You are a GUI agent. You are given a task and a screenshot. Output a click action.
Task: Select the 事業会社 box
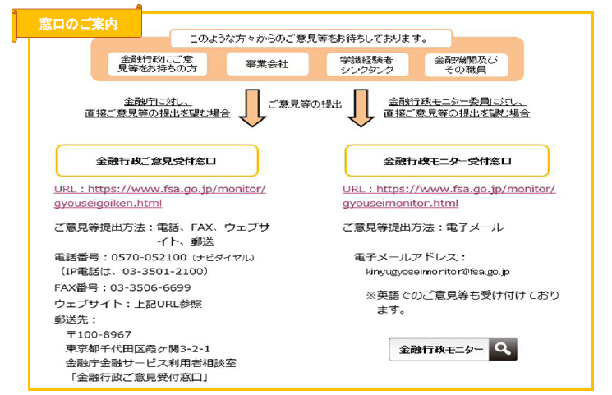click(267, 64)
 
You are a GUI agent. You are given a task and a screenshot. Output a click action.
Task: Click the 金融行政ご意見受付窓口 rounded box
click(156, 161)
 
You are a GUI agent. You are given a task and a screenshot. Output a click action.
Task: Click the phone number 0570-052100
click(144, 257)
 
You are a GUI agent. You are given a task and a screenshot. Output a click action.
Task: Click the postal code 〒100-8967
click(99, 334)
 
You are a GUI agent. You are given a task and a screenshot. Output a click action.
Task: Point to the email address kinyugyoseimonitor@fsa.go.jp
click(438, 272)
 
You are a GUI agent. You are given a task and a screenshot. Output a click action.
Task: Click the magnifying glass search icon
click(503, 349)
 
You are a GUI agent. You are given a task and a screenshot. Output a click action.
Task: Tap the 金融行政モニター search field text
click(439, 349)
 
